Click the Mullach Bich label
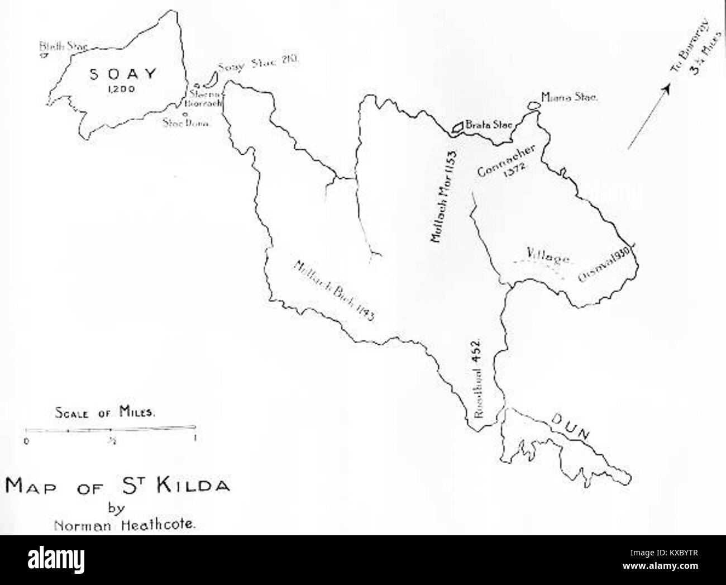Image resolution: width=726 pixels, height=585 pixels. coord(333,291)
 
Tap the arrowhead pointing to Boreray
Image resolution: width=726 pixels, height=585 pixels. coord(666,89)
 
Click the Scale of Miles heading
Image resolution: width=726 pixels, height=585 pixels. coord(106,413)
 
